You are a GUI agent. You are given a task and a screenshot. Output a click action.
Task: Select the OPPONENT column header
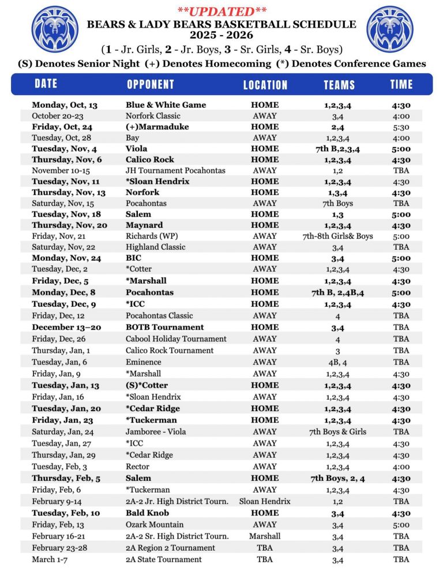pyautogui.click(x=150, y=84)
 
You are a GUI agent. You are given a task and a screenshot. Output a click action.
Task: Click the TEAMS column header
pyautogui.click(x=339, y=85)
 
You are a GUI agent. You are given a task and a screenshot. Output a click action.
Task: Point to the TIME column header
pyautogui.click(x=401, y=84)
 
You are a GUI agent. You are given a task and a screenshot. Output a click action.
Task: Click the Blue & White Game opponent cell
pyautogui.click(x=166, y=105)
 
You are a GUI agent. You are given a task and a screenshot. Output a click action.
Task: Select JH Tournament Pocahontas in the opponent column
pyautogui.click(x=175, y=171)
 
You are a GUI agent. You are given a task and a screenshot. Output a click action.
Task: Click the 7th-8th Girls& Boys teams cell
pyautogui.click(x=337, y=236)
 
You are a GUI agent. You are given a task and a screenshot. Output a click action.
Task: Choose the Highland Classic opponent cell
pyautogui.click(x=155, y=247)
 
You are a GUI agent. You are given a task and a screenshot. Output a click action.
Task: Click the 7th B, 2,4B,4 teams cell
pyautogui.click(x=337, y=292)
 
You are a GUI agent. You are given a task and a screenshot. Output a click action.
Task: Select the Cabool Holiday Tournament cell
pyautogui.click(x=176, y=339)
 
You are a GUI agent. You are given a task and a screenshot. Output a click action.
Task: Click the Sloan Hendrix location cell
pyautogui.click(x=265, y=502)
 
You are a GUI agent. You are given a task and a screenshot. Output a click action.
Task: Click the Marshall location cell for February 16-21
pyautogui.click(x=265, y=536)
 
